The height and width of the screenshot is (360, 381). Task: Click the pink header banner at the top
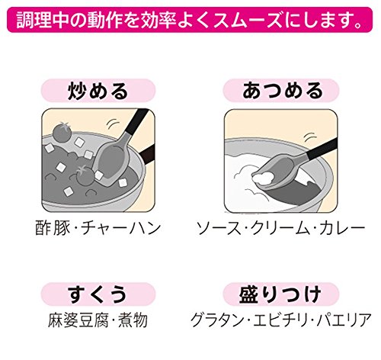click(190, 20)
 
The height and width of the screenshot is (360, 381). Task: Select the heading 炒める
click(98, 91)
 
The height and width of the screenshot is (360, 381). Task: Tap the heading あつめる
click(281, 91)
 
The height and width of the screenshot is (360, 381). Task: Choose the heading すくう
click(98, 294)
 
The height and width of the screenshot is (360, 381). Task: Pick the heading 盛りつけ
click(281, 294)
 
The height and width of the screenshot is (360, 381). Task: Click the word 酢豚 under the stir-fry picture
click(53, 228)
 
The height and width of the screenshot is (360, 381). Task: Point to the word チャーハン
click(121, 228)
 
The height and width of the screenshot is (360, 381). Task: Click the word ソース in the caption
click(219, 228)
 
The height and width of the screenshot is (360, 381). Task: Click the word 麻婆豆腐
click(78, 320)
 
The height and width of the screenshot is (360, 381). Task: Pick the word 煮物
click(133, 320)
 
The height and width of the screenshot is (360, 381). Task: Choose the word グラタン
click(216, 320)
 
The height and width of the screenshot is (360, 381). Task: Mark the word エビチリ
click(280, 320)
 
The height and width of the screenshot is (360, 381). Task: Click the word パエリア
click(344, 320)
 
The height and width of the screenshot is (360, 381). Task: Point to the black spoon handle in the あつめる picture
click(322, 149)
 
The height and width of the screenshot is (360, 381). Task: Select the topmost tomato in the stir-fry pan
click(62, 131)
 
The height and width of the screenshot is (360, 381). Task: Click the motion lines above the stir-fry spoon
click(112, 124)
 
